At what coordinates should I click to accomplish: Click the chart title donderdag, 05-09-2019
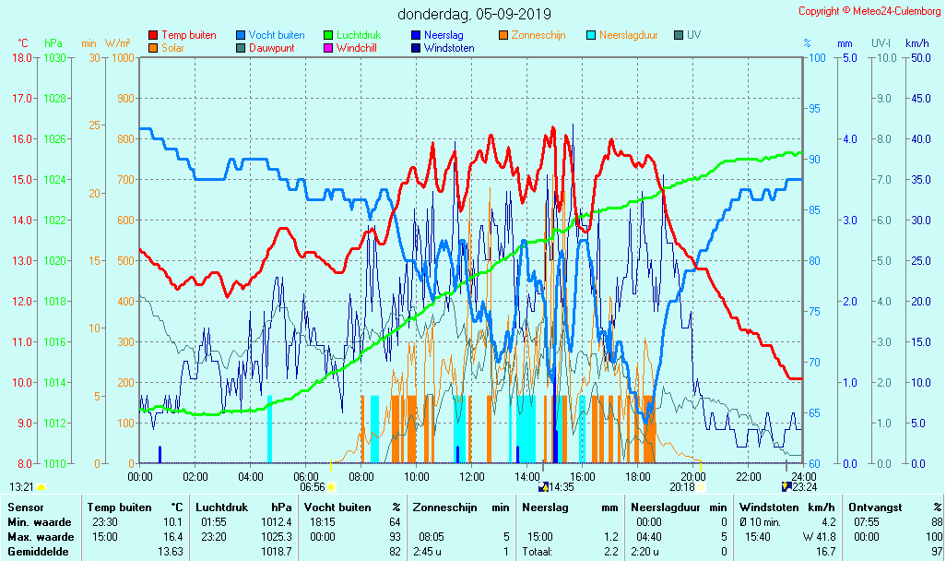coord(475,14)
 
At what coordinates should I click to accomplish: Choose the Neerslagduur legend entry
coord(628,35)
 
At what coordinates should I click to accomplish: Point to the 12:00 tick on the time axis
coord(472,476)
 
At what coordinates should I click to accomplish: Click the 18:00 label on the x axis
coord(638,476)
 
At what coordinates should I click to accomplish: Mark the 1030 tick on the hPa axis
coord(54,58)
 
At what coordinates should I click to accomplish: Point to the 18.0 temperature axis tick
coord(21,58)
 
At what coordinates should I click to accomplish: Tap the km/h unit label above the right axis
coord(916,42)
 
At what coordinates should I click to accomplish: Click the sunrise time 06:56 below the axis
coord(313,487)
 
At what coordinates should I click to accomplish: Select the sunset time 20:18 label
coord(682,487)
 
